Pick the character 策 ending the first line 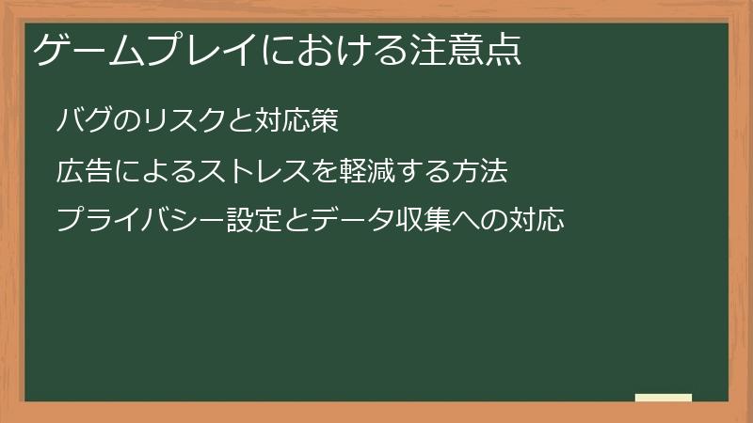(323, 121)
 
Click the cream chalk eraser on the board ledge (664, 398)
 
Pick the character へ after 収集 (488, 222)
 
